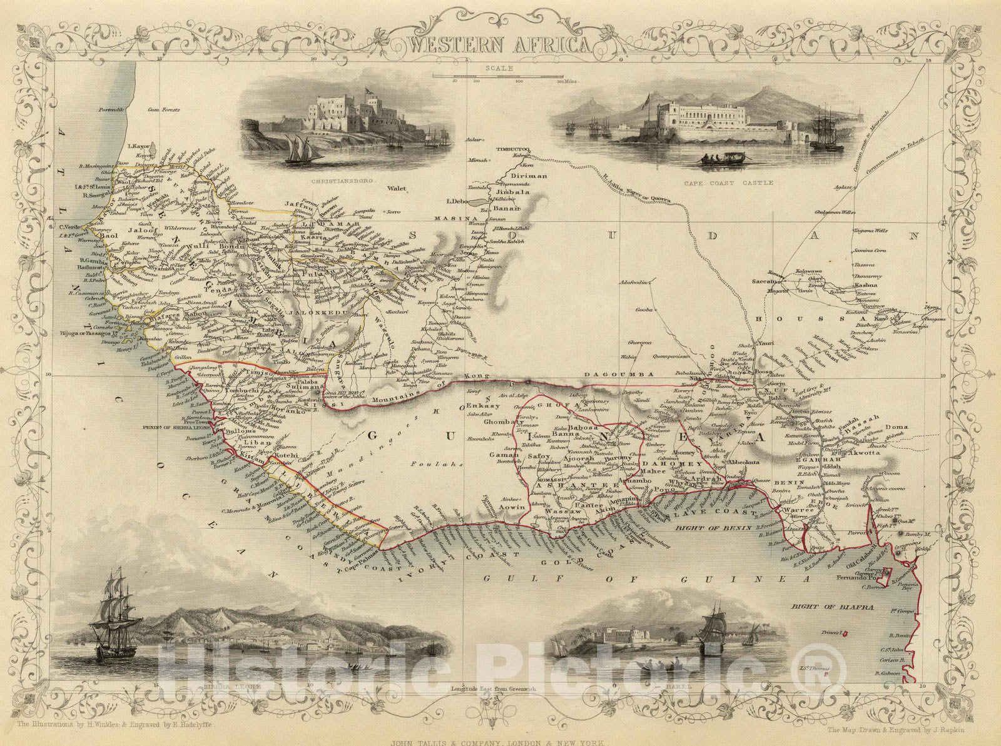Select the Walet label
(397, 187)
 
